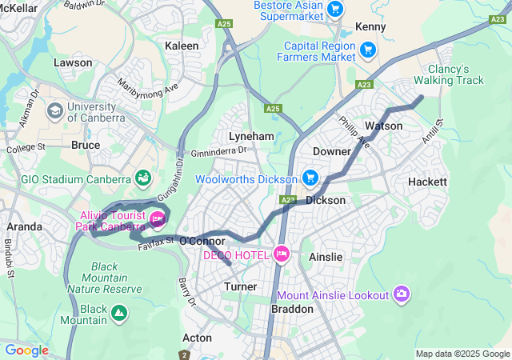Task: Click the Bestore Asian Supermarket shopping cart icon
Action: click(335, 10)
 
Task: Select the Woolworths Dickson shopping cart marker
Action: click(310, 178)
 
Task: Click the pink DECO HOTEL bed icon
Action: click(281, 254)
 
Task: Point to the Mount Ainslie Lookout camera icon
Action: click(402, 294)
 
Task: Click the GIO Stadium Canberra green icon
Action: click(143, 177)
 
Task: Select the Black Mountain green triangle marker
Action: click(118, 311)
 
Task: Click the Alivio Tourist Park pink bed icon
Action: click(158, 218)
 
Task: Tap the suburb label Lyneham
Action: click(246, 136)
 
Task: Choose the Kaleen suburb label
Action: click(182, 46)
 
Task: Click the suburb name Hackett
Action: click(427, 182)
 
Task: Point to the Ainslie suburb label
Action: click(326, 257)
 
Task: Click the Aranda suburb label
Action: click(24, 226)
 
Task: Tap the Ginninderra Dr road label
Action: click(220, 151)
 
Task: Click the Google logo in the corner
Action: click(26, 350)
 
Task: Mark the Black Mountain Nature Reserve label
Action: click(116, 277)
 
